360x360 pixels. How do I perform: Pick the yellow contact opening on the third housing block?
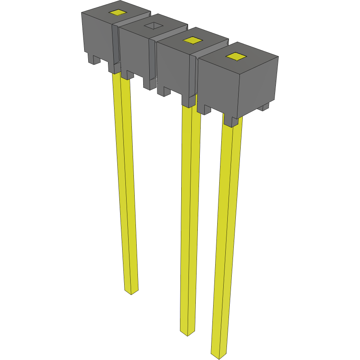(192, 40)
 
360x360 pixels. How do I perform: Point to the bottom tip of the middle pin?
(187, 333)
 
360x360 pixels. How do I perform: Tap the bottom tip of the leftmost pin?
(130, 292)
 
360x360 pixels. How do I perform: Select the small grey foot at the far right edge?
(264, 107)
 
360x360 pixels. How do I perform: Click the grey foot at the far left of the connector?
(94, 59)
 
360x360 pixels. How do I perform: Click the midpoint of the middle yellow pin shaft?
(190, 218)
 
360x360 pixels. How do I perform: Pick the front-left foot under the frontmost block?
(204, 109)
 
